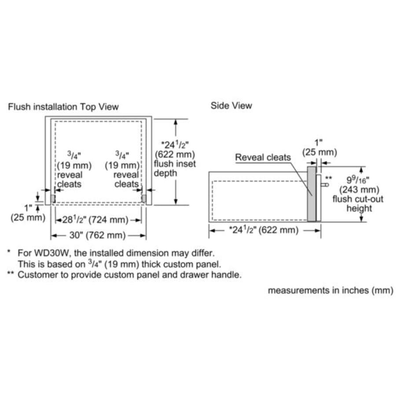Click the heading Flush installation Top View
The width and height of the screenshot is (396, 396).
[x=63, y=107]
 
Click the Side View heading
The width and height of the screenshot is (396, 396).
[x=231, y=106]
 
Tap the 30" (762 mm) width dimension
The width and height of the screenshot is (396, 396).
[x=99, y=235]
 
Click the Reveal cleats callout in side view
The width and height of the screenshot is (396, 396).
[x=263, y=157]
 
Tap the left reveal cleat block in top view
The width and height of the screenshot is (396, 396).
[x=53, y=198]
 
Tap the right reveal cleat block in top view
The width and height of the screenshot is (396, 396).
[x=143, y=198]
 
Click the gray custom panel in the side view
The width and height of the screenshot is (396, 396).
[x=311, y=194]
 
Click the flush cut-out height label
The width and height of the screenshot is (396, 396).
[x=358, y=204]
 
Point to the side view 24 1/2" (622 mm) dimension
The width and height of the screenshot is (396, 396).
[x=264, y=230]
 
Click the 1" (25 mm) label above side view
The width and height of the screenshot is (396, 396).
[x=319, y=148]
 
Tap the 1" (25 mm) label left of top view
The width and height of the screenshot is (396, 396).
[x=28, y=213]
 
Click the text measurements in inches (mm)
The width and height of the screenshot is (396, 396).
[x=330, y=291]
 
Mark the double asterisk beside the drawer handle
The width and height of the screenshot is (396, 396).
[x=328, y=178]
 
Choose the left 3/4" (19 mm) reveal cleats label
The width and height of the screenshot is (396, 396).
[x=73, y=169]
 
